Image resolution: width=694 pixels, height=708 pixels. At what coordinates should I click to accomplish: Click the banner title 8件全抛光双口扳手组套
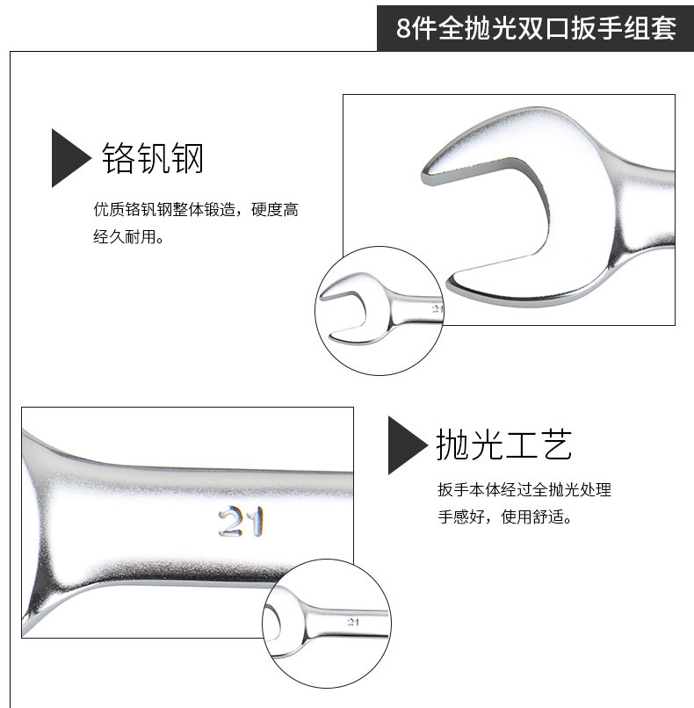(x=536, y=28)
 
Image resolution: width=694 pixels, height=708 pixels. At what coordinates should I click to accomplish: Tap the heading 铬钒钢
(x=153, y=158)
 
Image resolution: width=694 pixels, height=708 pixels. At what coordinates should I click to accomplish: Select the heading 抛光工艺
(x=504, y=444)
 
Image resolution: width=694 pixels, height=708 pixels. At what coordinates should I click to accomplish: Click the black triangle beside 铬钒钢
(x=71, y=158)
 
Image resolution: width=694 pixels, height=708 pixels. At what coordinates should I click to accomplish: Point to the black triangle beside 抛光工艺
(x=408, y=445)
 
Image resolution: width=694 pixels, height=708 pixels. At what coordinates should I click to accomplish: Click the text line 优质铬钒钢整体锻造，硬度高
(x=196, y=210)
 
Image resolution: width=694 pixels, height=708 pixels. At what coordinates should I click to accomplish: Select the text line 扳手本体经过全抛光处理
(x=524, y=489)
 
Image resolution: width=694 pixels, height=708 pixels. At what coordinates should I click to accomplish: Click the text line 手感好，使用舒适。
(x=505, y=517)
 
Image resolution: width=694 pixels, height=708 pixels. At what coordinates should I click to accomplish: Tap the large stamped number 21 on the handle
(x=241, y=522)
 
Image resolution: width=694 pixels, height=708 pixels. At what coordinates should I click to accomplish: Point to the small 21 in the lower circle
(x=353, y=622)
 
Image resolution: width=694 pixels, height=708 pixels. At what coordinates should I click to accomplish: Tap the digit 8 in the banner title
(x=403, y=28)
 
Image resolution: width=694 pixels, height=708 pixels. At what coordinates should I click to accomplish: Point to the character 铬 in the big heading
(x=118, y=158)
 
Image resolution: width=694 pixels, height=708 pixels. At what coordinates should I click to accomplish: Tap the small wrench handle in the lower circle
(x=345, y=622)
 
